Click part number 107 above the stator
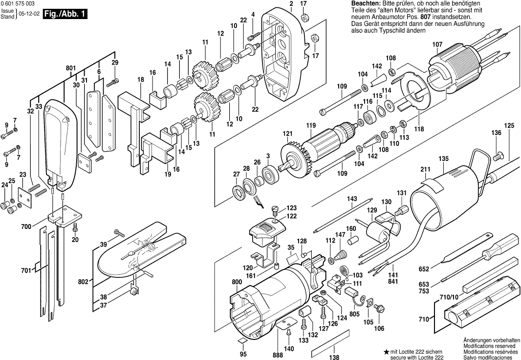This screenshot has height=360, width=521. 437,45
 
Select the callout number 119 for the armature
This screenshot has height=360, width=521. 311,125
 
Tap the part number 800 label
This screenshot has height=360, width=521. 237,282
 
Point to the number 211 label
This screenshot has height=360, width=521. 425,170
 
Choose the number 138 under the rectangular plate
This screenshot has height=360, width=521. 334,357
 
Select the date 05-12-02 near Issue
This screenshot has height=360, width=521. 27,15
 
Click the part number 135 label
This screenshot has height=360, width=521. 443,158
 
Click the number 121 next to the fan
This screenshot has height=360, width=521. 287,134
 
